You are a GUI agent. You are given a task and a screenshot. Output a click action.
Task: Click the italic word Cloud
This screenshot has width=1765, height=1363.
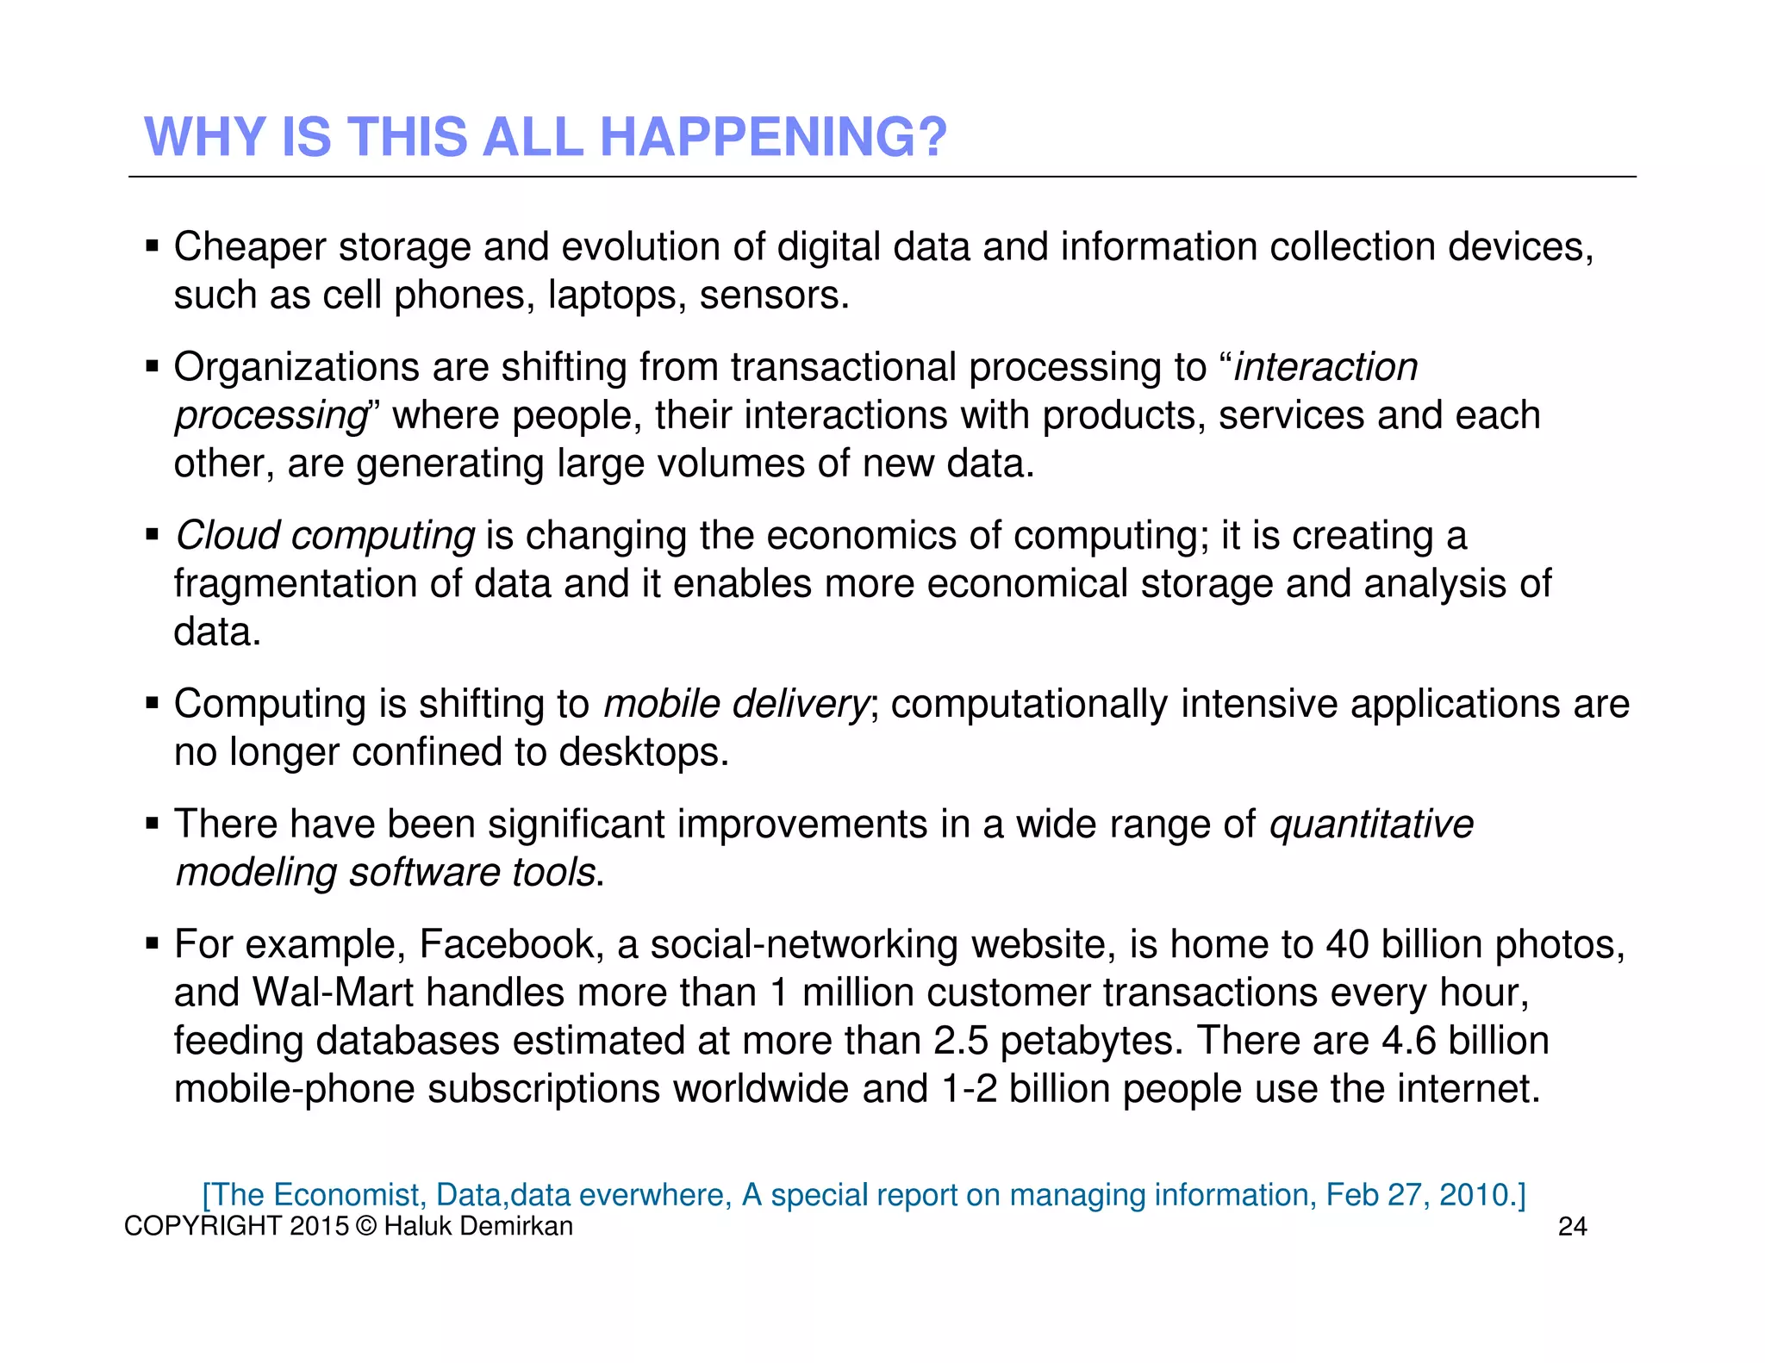[228, 535]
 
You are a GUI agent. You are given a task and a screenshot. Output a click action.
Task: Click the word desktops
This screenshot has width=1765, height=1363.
[643, 752]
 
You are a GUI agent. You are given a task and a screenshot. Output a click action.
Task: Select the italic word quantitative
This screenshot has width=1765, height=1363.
[1371, 825]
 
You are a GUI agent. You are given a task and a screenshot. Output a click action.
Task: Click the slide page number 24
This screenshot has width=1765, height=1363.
[1572, 1227]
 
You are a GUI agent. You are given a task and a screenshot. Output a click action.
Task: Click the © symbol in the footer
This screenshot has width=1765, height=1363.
[365, 1226]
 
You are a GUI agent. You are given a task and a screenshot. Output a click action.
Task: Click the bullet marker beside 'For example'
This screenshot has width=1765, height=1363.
[153, 943]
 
